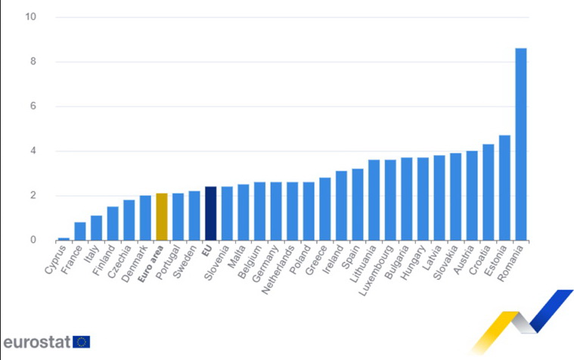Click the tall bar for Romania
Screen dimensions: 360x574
click(x=521, y=144)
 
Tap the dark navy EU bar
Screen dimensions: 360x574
click(x=210, y=213)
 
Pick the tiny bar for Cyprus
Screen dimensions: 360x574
click(x=64, y=239)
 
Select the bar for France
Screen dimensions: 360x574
click(x=80, y=231)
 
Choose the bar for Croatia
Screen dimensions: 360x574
click(x=488, y=192)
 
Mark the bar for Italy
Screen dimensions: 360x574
click(x=96, y=228)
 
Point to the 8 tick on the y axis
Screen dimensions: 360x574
click(x=33, y=61)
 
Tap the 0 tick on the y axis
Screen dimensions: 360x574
click(x=33, y=241)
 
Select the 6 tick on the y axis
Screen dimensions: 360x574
click(x=33, y=106)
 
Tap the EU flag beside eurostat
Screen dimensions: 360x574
click(x=82, y=342)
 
